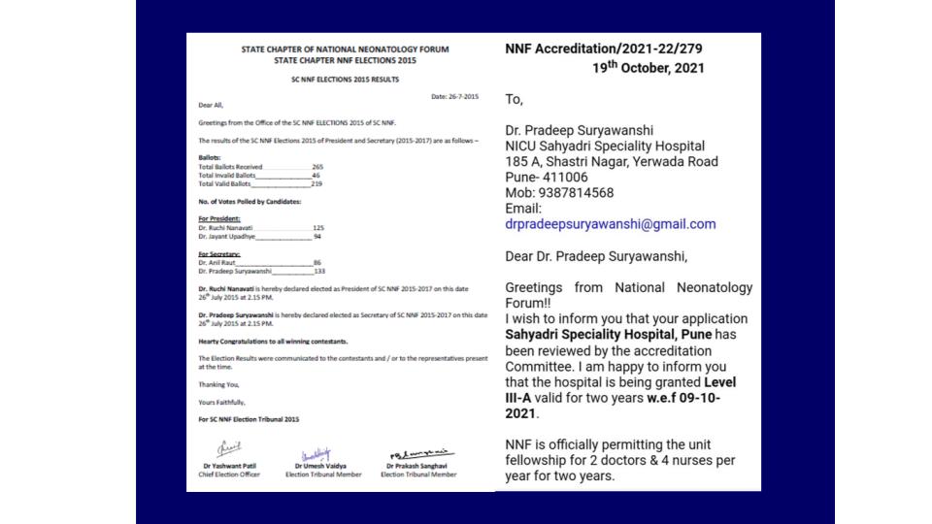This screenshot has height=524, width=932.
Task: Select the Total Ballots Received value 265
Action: [317, 167]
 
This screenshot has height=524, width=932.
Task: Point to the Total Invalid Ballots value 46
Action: [316, 175]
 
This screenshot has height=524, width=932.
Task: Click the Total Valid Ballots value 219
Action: [317, 183]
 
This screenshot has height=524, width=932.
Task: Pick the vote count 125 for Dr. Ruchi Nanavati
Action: [318, 227]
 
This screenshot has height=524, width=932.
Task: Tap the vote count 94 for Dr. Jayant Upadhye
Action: [317, 236]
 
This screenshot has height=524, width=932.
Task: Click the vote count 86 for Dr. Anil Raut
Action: [316, 263]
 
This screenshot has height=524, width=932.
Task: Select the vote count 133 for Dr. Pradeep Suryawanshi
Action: [318, 272]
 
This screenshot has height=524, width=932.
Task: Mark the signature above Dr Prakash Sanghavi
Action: [420, 451]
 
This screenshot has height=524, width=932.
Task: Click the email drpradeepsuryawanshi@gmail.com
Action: [611, 224]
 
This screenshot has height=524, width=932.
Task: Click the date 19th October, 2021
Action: [649, 68]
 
